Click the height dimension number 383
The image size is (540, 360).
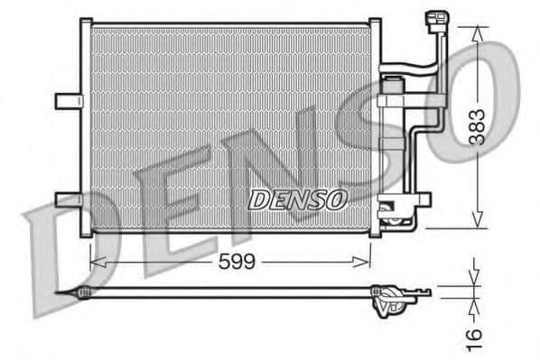click(x=477, y=127)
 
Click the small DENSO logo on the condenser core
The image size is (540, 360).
click(x=297, y=199)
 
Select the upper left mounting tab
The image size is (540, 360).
click(x=68, y=101)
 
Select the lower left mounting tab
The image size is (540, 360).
click(x=68, y=199)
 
